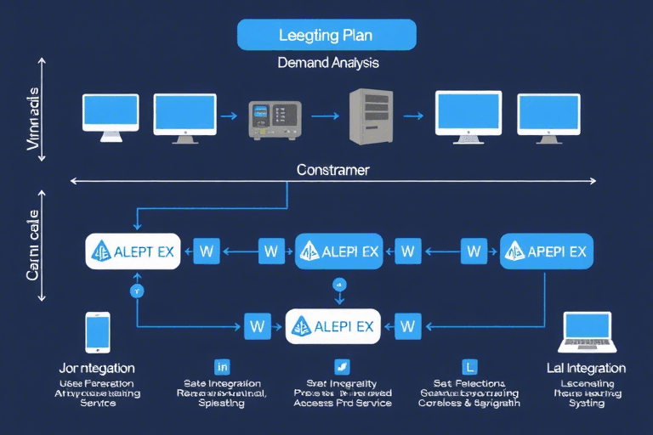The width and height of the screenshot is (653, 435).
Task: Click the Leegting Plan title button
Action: [326, 36]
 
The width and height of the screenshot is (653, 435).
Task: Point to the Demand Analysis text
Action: [327, 63]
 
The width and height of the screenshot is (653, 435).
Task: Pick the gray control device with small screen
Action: [275, 120]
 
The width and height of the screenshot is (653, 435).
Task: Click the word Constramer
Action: [332, 170]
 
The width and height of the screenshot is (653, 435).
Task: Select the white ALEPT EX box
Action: [133, 251]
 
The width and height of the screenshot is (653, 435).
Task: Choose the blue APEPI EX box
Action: [546, 251]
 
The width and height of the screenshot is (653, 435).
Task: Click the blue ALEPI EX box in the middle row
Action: [339, 251]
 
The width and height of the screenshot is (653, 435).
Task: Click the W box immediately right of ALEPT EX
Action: [207, 251]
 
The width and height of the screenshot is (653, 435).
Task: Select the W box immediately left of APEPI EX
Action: [474, 251]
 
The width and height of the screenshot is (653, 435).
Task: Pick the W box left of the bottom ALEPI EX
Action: [257, 325]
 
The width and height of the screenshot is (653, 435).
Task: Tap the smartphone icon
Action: [98, 331]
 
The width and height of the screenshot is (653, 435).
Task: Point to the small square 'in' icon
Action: [223, 367]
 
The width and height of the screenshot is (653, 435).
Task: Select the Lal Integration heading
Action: [587, 369]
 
